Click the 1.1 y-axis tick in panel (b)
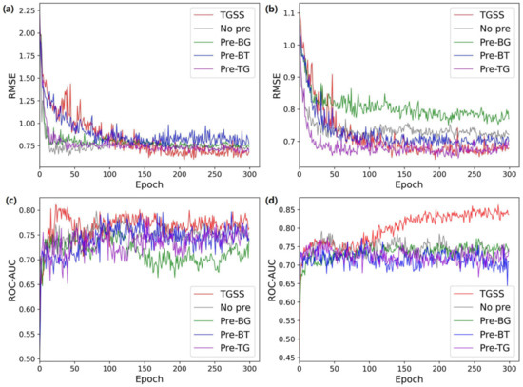click(286, 11)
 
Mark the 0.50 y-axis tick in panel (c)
click(25, 359)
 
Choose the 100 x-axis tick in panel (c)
click(109, 368)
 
